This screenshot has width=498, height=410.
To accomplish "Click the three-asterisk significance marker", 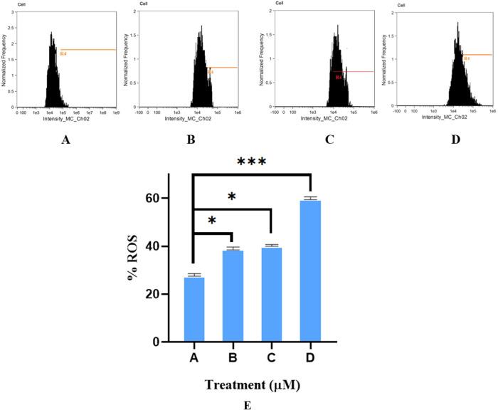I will pos(252,162).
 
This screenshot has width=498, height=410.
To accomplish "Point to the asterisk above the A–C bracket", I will pos(233,196).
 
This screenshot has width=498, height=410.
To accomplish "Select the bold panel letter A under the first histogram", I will pos(66,141).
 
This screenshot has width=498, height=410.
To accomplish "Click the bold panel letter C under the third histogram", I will pos(329,141).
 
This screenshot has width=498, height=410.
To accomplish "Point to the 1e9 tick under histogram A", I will pos(114,112).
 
